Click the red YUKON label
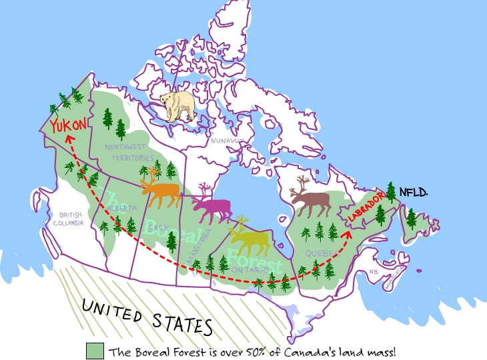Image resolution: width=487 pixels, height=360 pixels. (69, 123)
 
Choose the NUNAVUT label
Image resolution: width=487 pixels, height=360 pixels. (224, 141)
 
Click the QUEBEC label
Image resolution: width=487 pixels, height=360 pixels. (315, 253)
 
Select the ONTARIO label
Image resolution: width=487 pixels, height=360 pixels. (248, 269)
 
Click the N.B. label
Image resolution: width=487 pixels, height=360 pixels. (374, 271)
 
